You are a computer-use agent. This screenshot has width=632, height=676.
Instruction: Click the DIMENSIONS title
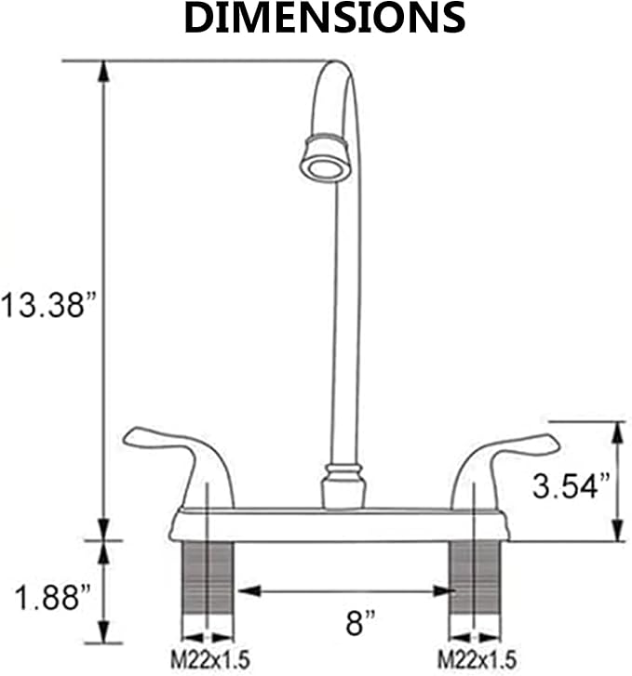(325, 18)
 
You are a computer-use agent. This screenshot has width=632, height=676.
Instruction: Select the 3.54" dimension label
(571, 485)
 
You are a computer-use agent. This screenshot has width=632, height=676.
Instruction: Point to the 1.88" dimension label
(53, 597)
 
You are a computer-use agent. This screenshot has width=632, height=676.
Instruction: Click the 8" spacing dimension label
(360, 622)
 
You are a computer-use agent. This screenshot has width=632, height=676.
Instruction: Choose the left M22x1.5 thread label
(210, 659)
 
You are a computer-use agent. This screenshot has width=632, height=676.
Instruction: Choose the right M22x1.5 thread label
(477, 659)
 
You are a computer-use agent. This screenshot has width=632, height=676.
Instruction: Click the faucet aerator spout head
(325, 159)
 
